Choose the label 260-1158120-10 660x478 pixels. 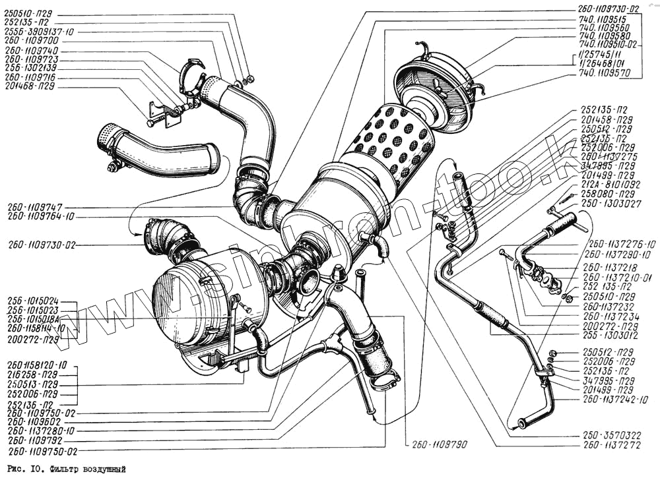[37, 364]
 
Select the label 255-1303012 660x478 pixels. [612, 335]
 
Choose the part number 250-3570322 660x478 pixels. [611, 436]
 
